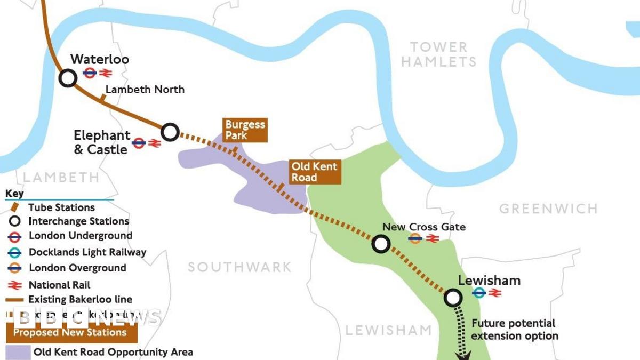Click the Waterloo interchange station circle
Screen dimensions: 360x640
coord(68,78)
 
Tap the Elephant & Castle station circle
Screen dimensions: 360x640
coord(170,132)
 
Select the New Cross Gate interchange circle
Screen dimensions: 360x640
coord(381,244)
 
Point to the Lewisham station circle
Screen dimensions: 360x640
coord(453,298)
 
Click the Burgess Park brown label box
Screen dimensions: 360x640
coord(245,130)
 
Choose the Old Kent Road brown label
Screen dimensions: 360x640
coord(314,172)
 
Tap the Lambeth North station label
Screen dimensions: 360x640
coord(145,89)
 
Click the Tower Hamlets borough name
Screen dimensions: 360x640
coord(438,54)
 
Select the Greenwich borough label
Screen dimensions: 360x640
coord(548,209)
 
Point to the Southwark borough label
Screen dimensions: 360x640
coord(239,267)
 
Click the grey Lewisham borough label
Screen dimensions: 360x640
coord(388,330)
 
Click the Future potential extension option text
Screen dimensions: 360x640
coord(514,330)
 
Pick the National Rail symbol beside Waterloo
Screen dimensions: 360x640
coord(105,73)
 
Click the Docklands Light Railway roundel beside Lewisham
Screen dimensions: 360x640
coord(479,292)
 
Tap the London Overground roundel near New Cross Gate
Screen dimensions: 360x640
coord(415,238)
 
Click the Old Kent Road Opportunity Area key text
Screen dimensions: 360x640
coord(113,352)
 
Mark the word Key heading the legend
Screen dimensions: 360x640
coord(14,194)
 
